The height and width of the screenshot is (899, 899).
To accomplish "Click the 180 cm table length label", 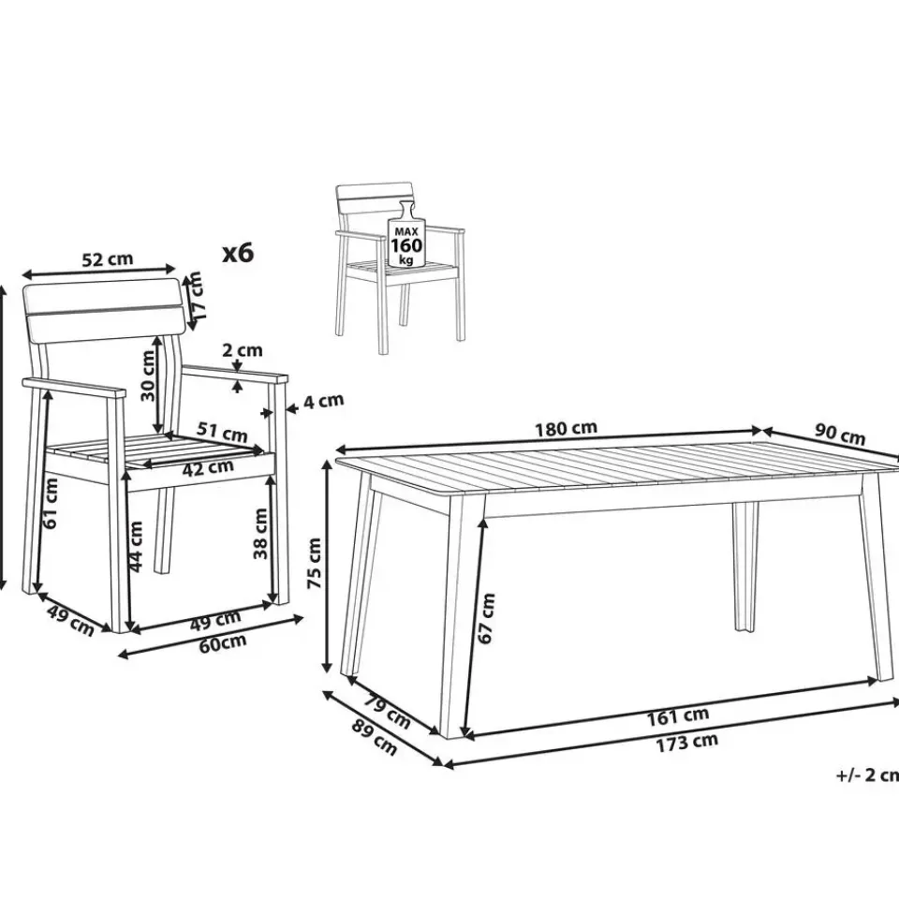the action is [x=566, y=428].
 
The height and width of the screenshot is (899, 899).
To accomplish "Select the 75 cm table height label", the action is [x=315, y=563].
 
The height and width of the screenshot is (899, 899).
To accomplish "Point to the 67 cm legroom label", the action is [x=486, y=618].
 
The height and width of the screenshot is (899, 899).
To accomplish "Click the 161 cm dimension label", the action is [x=678, y=716].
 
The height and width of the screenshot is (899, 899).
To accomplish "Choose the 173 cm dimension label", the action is [x=686, y=743].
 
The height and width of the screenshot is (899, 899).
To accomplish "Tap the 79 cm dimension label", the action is [x=387, y=713].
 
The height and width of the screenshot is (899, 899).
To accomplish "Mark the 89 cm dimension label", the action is [x=374, y=736].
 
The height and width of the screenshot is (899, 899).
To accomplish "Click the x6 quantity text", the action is [x=237, y=252].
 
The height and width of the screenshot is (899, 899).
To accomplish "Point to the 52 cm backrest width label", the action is [x=107, y=259].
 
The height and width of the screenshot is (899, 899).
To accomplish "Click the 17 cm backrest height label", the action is [x=196, y=296].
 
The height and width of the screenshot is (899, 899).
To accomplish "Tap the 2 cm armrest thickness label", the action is [x=243, y=349].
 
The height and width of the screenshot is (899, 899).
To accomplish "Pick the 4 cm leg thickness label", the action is [x=323, y=401].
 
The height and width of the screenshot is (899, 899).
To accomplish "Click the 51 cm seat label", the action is [x=222, y=432].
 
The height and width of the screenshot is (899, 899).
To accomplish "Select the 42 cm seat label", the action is [x=208, y=468].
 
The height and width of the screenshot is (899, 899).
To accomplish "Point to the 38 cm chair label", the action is [x=260, y=534].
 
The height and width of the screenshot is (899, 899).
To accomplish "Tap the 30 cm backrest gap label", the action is [x=148, y=376].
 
